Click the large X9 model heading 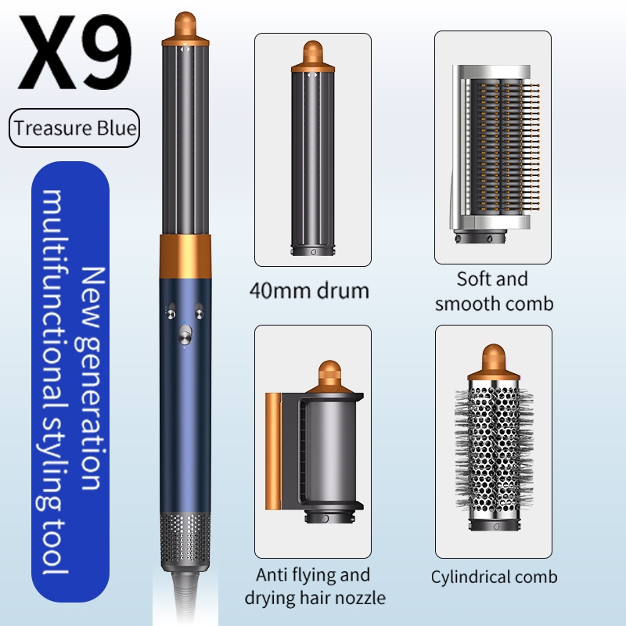point(74,52)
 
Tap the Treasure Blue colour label point(74,128)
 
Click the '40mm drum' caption point(309,290)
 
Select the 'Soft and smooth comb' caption point(494,291)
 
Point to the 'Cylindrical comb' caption point(494,577)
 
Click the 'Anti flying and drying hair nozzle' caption point(315,586)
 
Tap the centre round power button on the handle point(185,335)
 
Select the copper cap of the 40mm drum point(312,56)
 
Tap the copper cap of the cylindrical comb point(494,362)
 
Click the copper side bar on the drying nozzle point(273,452)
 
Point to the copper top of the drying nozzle point(329,377)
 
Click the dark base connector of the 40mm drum point(312,251)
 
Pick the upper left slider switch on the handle point(171,311)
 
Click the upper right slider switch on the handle point(199,311)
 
